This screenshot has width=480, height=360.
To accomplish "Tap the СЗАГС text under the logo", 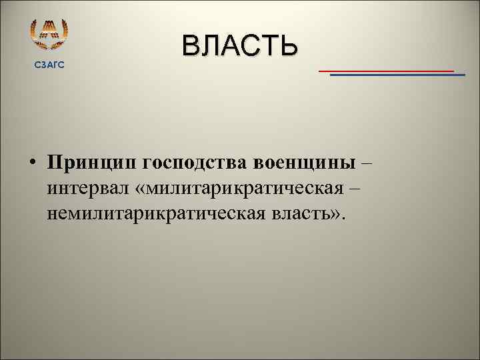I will tap(50, 64).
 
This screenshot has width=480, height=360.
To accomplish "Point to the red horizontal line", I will tap(386, 70).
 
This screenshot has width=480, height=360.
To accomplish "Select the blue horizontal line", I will tap(397, 75).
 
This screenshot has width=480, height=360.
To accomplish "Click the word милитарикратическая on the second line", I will tap(245, 189).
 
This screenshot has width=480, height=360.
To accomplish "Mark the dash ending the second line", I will tap(354, 189).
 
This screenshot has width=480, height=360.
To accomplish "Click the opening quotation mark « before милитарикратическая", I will tap(140, 190).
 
